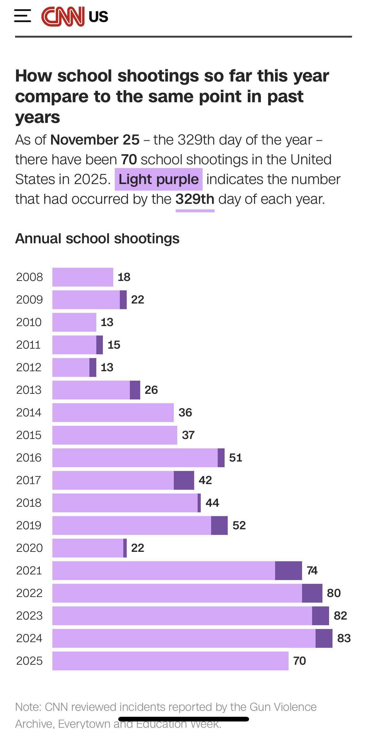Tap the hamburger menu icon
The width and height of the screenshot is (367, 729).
click(x=23, y=16)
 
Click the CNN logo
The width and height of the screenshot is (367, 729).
click(x=63, y=17)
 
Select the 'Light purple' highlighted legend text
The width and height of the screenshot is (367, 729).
click(x=158, y=180)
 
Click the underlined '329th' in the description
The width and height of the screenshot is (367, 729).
click(x=195, y=199)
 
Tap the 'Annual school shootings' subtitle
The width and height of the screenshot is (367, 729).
click(x=97, y=239)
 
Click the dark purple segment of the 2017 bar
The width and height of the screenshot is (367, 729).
click(x=184, y=480)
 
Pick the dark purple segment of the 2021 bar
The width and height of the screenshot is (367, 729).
click(x=288, y=571)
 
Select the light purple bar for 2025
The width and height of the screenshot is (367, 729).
click(x=170, y=661)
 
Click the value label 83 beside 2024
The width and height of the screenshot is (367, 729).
click(x=344, y=638)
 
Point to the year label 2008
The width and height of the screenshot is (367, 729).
click(x=29, y=277)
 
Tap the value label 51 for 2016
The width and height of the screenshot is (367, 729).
click(x=236, y=458)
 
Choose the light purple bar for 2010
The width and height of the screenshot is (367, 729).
click(x=74, y=322)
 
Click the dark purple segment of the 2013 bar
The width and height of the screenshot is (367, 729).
click(x=135, y=390)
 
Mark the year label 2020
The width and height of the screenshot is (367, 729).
click(x=29, y=548)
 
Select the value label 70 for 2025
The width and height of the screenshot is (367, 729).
click(x=299, y=661)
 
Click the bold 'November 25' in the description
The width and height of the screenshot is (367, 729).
click(x=95, y=140)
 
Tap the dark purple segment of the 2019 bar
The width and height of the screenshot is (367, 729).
click(x=219, y=526)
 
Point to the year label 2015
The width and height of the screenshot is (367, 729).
click(x=29, y=435)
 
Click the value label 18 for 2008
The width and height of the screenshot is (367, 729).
click(x=124, y=277)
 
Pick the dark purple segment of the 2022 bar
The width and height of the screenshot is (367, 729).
click(x=312, y=593)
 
